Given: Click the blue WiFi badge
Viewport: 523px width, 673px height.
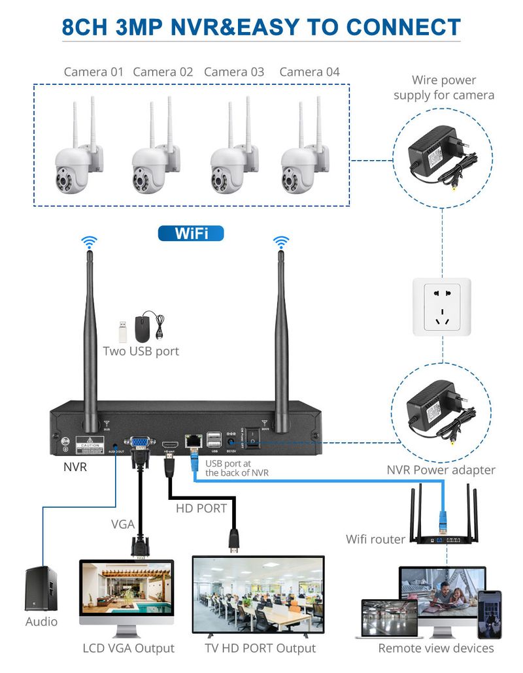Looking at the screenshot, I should [191, 234].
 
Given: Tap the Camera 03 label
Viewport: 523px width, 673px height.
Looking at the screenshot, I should [234, 72].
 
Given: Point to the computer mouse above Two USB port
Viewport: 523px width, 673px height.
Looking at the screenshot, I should [144, 327].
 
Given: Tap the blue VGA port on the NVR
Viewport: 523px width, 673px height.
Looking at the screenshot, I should [139, 444].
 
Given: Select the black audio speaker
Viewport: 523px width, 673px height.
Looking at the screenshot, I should [41, 589].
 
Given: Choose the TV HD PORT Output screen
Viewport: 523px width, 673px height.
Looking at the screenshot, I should [258, 594].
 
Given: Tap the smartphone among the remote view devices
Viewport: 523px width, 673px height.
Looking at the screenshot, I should [489, 614].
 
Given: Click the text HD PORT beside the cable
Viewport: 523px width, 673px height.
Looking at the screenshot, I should [201, 508].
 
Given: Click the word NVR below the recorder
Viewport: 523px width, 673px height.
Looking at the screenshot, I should [75, 467].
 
